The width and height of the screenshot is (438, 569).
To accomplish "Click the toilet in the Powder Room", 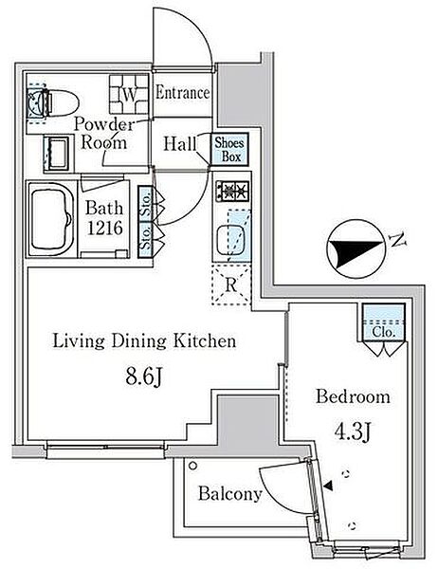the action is point(54,102).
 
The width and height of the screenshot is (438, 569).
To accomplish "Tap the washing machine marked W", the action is point(129,94).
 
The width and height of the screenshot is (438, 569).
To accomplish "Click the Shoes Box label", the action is point(229,150).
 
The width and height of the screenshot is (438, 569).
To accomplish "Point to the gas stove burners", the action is point(233,191).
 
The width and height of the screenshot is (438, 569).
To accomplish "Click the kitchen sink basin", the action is point(233,240).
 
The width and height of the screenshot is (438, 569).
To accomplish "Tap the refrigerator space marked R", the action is point(230,284).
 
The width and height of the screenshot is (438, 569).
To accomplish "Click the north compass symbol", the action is point(356,248).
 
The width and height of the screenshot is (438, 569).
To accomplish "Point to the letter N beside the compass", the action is point(397,240).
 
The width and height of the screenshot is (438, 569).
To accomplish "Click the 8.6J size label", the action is point(143,377).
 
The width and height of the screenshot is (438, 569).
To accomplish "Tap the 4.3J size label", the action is point(352,431).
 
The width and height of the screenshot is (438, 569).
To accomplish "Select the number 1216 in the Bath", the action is point(104,228).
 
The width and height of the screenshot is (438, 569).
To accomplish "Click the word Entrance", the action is point(183,93).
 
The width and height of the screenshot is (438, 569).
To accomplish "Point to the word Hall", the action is point(180,144).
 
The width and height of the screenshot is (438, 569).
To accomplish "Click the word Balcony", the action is point(230,494).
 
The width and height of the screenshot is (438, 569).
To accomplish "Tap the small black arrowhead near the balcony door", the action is point(328,486).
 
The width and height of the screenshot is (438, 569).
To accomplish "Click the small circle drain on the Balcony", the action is point(193,466).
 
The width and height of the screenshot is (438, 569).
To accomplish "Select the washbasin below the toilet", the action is point(57,154).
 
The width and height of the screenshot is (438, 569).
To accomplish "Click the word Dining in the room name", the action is point(139,341).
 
